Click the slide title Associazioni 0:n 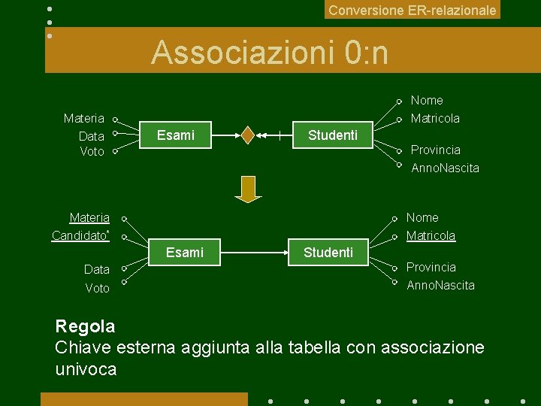pos(270,53)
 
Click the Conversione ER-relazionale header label pos(413,11)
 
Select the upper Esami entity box pos(175,135)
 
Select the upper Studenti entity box pos(333,135)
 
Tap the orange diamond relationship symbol pos(248,135)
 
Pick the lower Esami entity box pos(185,253)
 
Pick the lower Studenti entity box pos(328,253)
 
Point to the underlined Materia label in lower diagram pos(89,218)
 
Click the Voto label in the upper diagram pos(92,152)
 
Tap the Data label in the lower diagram pos(96,269)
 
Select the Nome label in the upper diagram pos(427,101)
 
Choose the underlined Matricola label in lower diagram pos(431,236)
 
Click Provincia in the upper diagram pos(435,150)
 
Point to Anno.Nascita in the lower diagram pos(440,286)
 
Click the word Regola pos(85,326)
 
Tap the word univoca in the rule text pos(86,369)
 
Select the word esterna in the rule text pos(146,347)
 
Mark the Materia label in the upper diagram pos(84,119)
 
